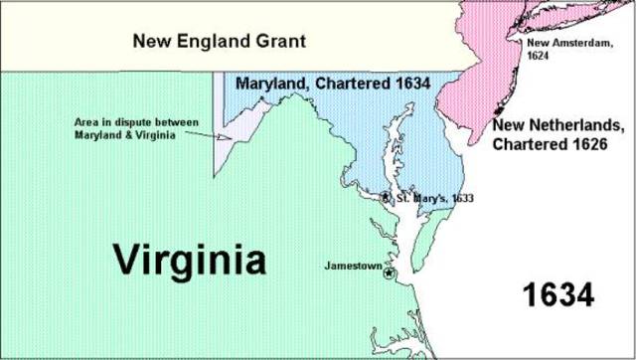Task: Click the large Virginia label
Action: pyautogui.click(x=189, y=260)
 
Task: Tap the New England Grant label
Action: pyautogui.click(x=220, y=41)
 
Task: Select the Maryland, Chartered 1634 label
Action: pyautogui.click(x=333, y=86)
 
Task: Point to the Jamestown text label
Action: pyautogui.click(x=353, y=266)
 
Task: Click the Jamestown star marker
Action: pyautogui.click(x=389, y=273)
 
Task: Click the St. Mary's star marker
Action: pyautogui.click(x=386, y=197)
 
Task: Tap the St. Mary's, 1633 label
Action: pyautogui.click(x=434, y=198)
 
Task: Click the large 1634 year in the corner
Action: pyautogui.click(x=558, y=294)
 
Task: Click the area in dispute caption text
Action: pyautogui.click(x=136, y=128)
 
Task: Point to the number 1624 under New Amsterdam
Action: pyautogui.click(x=538, y=56)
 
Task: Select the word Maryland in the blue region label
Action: pyautogui.click(x=268, y=86)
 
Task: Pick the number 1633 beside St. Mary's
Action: pyautogui.click(x=462, y=198)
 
